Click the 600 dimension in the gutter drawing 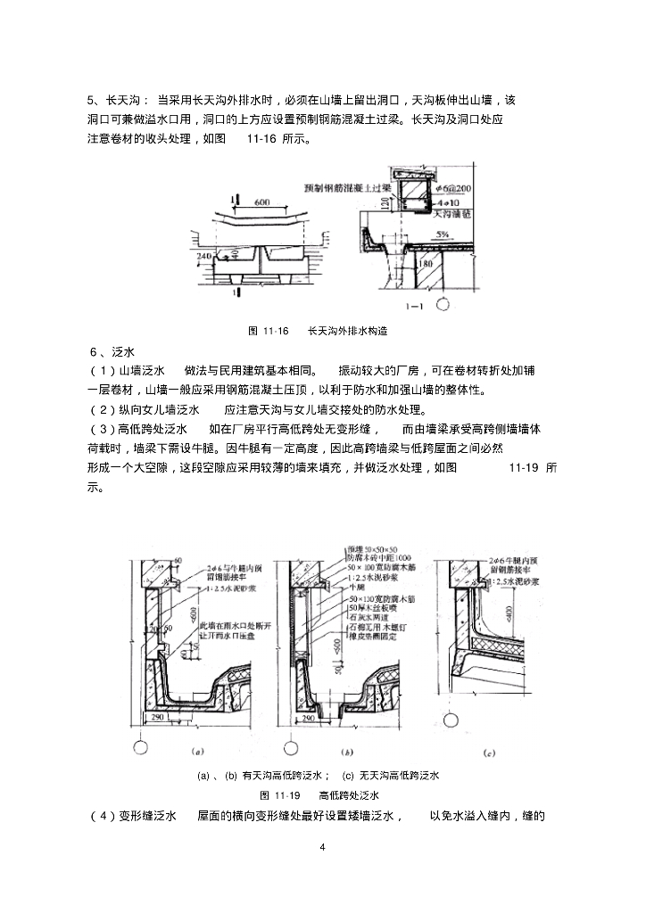(x=261, y=202)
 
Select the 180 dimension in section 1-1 (x=427, y=263)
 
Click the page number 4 (x=323, y=846)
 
